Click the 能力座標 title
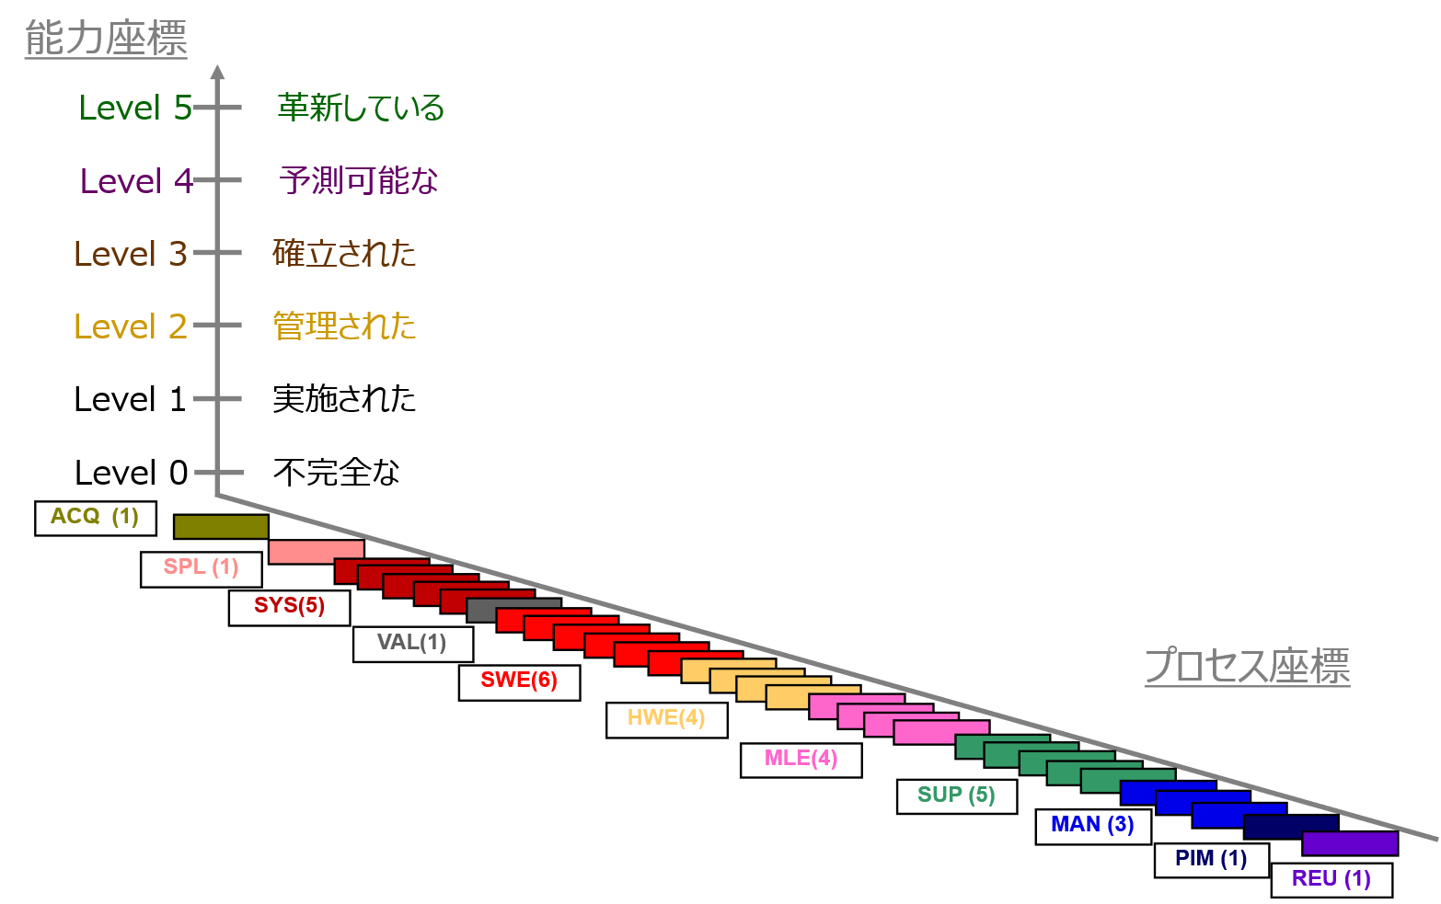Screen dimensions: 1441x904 tap(106, 39)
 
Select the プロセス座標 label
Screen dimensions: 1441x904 tap(1248, 666)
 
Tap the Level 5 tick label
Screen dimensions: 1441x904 tap(135, 108)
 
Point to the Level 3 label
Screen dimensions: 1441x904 tap(131, 253)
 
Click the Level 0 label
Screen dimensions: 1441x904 tap(132, 473)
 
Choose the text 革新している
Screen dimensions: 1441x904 tap(361, 108)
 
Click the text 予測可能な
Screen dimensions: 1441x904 tap(358, 180)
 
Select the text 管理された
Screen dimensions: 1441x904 tap(344, 326)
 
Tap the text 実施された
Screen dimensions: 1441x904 tap(344, 398)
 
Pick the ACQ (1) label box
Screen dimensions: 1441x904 tap(95, 519)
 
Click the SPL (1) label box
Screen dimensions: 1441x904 tap(202, 569)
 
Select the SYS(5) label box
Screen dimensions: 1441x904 tap(290, 608)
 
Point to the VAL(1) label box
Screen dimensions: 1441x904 tap(413, 645)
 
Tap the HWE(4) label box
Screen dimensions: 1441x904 tap(667, 720)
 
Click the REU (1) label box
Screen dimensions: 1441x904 tap(1331, 880)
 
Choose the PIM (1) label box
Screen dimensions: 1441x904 tap(1211, 860)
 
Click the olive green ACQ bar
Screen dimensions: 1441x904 tap(221, 527)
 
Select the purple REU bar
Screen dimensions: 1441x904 tap(1350, 843)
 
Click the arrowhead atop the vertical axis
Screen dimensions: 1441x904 tap(217, 72)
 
